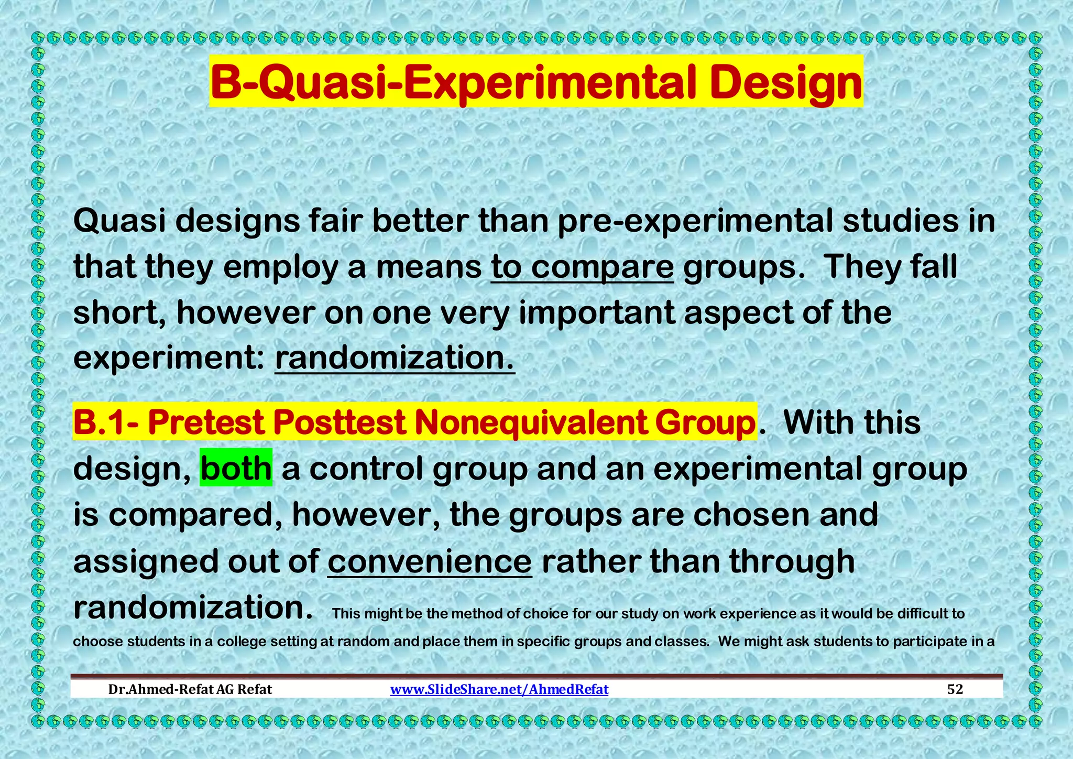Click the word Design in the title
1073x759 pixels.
pos(786,83)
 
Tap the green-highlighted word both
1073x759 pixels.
pos(236,468)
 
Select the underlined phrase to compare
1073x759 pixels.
pos(582,267)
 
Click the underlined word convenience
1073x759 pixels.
pos(430,561)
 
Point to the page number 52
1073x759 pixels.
pos(955,689)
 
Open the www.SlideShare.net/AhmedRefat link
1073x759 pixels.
pos(499,689)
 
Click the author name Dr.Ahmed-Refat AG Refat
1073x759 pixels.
pos(190,689)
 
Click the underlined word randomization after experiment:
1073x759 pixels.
pos(395,358)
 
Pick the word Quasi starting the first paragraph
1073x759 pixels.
pos(119,221)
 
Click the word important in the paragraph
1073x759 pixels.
pos(597,313)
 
